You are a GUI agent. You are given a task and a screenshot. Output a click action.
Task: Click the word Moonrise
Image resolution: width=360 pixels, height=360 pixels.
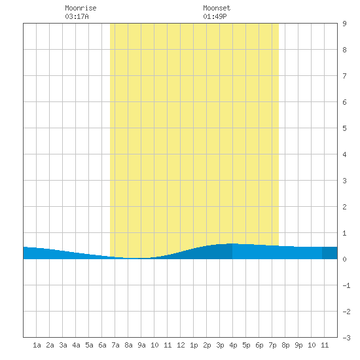pyautogui.click(x=81, y=8)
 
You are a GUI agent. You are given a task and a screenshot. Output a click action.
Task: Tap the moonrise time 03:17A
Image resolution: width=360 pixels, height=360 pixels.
pyautogui.click(x=77, y=16)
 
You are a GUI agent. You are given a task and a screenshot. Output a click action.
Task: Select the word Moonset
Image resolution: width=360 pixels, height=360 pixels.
pyautogui.click(x=217, y=8)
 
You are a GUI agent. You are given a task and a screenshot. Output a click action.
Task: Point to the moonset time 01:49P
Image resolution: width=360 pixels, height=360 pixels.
pyautogui.click(x=215, y=16)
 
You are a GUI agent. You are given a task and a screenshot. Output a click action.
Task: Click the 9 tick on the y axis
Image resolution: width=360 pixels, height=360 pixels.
pyautogui.click(x=344, y=24)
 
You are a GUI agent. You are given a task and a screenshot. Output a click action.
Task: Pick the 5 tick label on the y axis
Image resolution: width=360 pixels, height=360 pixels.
pyautogui.click(x=344, y=128)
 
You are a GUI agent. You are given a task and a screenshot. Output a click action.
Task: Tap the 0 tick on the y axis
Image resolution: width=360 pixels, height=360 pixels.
pyautogui.click(x=344, y=259)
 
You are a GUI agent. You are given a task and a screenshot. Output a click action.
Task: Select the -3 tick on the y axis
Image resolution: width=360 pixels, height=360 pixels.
pyautogui.click(x=346, y=338)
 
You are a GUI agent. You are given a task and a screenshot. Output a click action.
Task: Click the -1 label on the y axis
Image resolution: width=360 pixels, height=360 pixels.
pyautogui.click(x=346, y=285)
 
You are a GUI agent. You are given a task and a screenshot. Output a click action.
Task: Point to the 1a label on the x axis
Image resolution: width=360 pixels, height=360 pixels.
pyautogui.click(x=37, y=345)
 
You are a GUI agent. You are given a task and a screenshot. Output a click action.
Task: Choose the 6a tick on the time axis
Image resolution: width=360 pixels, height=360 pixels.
pyautogui.click(x=102, y=345)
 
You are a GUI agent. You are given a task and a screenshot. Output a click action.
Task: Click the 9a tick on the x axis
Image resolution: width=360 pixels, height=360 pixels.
pyautogui.click(x=141, y=345)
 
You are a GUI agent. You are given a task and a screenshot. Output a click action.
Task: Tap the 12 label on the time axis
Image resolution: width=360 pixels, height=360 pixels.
pyautogui.click(x=181, y=345)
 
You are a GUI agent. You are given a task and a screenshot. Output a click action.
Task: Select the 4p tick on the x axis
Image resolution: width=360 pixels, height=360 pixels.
pyautogui.click(x=233, y=345)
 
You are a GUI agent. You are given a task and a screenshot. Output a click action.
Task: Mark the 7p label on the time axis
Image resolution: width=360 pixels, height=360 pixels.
pyautogui.click(x=272, y=345)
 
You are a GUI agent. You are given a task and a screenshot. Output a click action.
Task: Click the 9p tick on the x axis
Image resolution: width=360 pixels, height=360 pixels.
pyautogui.click(x=298, y=345)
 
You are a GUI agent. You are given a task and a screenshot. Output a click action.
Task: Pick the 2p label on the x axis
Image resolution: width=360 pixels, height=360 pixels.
pyautogui.click(x=207, y=345)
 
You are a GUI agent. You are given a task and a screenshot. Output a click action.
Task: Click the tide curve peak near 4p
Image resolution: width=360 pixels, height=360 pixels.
pyautogui.click(x=232, y=243)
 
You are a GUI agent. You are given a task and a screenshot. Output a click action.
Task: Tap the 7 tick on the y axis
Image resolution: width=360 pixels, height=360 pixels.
pyautogui.click(x=344, y=76)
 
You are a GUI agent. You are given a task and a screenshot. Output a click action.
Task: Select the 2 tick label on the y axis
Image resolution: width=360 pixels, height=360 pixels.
pyautogui.click(x=344, y=207)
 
